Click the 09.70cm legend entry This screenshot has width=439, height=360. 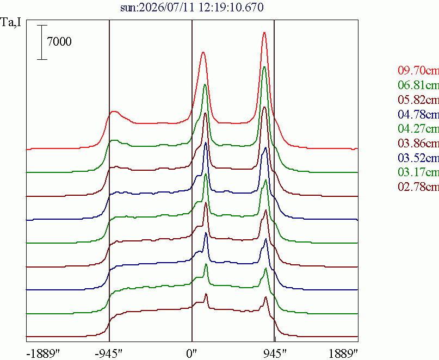tap(418, 70)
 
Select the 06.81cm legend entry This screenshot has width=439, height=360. tap(418, 85)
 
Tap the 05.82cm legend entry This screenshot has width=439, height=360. tap(418, 100)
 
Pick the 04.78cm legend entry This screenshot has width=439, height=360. tap(418, 114)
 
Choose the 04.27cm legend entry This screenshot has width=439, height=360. tap(418, 128)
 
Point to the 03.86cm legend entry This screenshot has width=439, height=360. tap(418, 143)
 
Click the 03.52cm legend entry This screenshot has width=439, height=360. tap(418, 158)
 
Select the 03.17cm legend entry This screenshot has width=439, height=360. tap(418, 172)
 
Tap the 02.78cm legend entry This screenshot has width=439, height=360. tap(418, 187)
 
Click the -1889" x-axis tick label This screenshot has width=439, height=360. tap(43, 354)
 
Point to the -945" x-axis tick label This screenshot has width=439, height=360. tap(109, 354)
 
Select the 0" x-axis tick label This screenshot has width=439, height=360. tap(192, 354)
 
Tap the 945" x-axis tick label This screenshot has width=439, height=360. tap(275, 354)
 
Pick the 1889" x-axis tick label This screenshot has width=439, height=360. tap(343, 354)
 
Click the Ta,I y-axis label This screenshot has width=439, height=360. tap(11, 22)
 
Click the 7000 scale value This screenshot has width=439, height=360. tap(59, 42)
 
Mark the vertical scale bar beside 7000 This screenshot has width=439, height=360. tap(42, 42)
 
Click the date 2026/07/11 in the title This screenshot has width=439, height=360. tap(167, 7)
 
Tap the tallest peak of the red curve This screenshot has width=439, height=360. tap(264, 33)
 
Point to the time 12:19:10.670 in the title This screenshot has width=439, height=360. tap(231, 7)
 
